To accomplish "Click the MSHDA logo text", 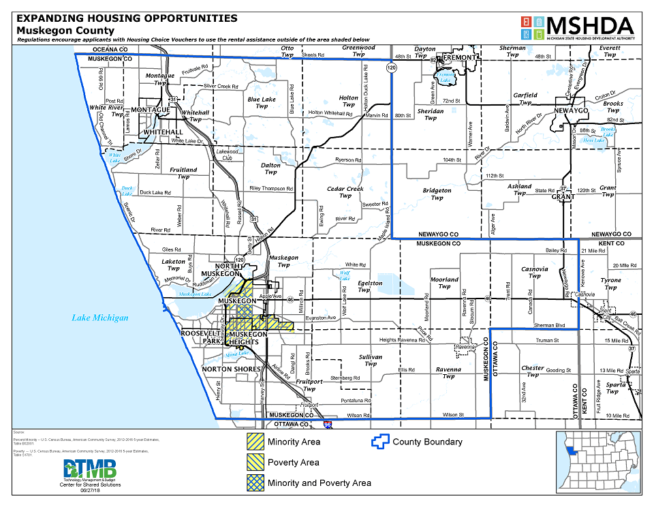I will click(x=590, y=25).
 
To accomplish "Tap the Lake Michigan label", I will click(x=100, y=318).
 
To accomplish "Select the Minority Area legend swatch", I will click(x=255, y=442).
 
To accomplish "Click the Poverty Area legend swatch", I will click(x=255, y=462).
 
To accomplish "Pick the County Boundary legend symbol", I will click(x=380, y=441).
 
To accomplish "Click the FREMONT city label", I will click(x=461, y=59).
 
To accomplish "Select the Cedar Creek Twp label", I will click(x=345, y=192).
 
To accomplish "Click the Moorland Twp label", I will click(x=444, y=283).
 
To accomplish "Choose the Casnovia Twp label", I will click(x=535, y=273).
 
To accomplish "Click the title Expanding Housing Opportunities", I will click(x=127, y=18).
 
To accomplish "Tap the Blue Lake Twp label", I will click(x=262, y=102).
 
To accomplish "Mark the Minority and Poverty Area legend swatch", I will click(x=255, y=483).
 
